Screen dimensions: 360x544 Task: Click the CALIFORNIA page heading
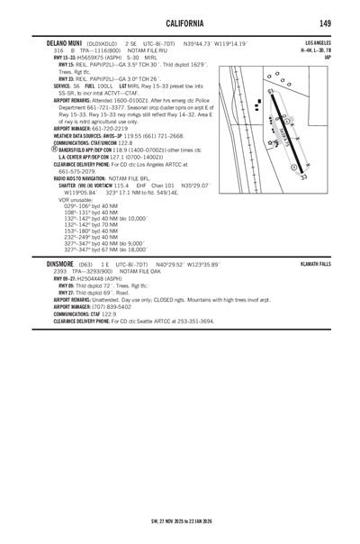click(180, 21)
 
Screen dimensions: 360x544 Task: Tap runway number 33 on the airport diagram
click(304, 177)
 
